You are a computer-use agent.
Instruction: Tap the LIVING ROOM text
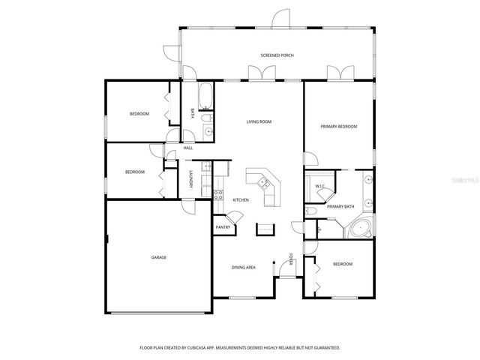(x=259, y=121)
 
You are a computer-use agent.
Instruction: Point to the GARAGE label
(x=159, y=257)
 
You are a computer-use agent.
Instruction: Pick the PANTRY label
(x=223, y=227)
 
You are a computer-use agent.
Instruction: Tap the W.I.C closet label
(x=319, y=186)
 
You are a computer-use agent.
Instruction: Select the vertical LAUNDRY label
(x=191, y=180)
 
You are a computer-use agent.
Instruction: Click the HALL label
(x=188, y=148)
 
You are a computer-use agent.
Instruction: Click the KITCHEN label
(x=241, y=199)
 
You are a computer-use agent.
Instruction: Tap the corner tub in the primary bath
(x=361, y=229)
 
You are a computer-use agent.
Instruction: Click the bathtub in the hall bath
(x=206, y=95)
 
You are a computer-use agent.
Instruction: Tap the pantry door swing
(x=235, y=217)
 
